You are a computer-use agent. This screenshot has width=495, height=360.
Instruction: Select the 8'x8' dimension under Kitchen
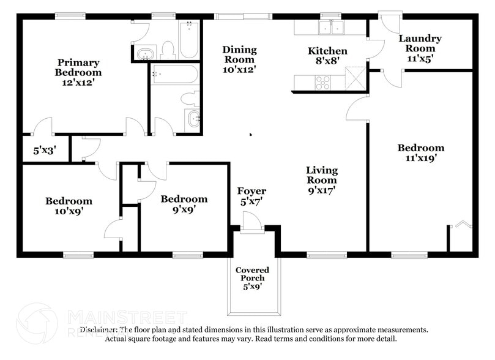pyautogui.click(x=327, y=61)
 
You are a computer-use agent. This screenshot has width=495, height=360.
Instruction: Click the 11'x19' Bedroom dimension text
pyautogui.click(x=420, y=157)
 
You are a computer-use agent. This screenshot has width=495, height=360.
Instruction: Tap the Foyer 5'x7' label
pyautogui.click(x=251, y=196)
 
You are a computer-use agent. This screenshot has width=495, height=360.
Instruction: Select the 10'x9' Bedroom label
pyautogui.click(x=69, y=206)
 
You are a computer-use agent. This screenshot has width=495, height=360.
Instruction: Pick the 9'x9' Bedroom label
pyautogui.click(x=184, y=204)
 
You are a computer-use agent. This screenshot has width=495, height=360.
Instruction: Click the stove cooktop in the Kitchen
pyautogui.click(x=322, y=82)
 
